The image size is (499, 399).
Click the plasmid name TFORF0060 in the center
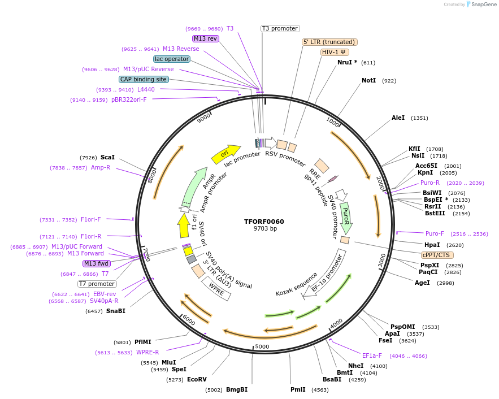coord(264,222)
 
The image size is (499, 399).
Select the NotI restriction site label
coord(368,80)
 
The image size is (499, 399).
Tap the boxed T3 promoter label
coord(280,28)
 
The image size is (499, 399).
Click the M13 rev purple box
coord(205,38)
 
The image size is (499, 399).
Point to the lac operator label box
coord(171,59)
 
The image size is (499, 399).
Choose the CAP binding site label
coord(144,79)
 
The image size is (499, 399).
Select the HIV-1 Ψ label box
coord(335,52)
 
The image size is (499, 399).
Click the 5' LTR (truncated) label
coord(329,42)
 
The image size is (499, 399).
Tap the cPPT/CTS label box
coord(436,255)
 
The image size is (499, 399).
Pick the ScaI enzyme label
coord(107,157)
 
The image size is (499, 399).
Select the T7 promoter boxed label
coord(97,284)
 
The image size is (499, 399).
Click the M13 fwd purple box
coord(96,263)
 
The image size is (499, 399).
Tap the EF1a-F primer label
coord(372,355)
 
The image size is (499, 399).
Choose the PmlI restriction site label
coord(298,389)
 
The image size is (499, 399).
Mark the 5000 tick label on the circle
coord(262,346)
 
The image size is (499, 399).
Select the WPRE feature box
coord(216,288)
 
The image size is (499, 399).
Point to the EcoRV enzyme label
coord(197,379)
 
